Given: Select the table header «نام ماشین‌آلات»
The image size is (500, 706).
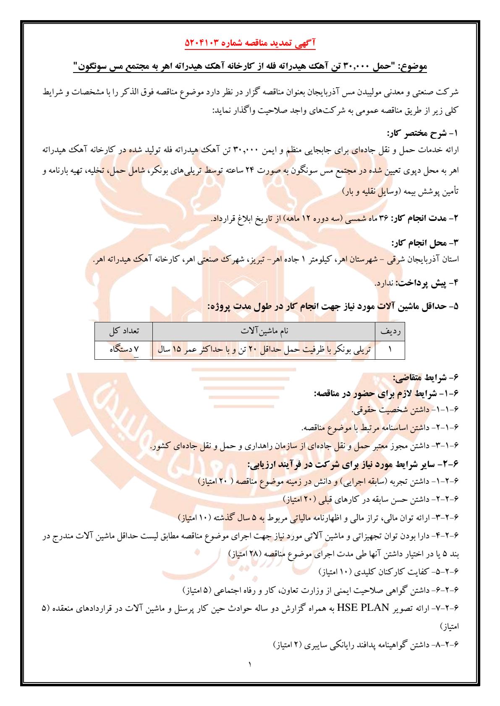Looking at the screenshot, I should tap(264, 331).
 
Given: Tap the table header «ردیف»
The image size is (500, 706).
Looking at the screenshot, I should tap(390, 331).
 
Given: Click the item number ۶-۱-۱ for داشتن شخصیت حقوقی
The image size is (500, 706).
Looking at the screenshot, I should tap(447, 411).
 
